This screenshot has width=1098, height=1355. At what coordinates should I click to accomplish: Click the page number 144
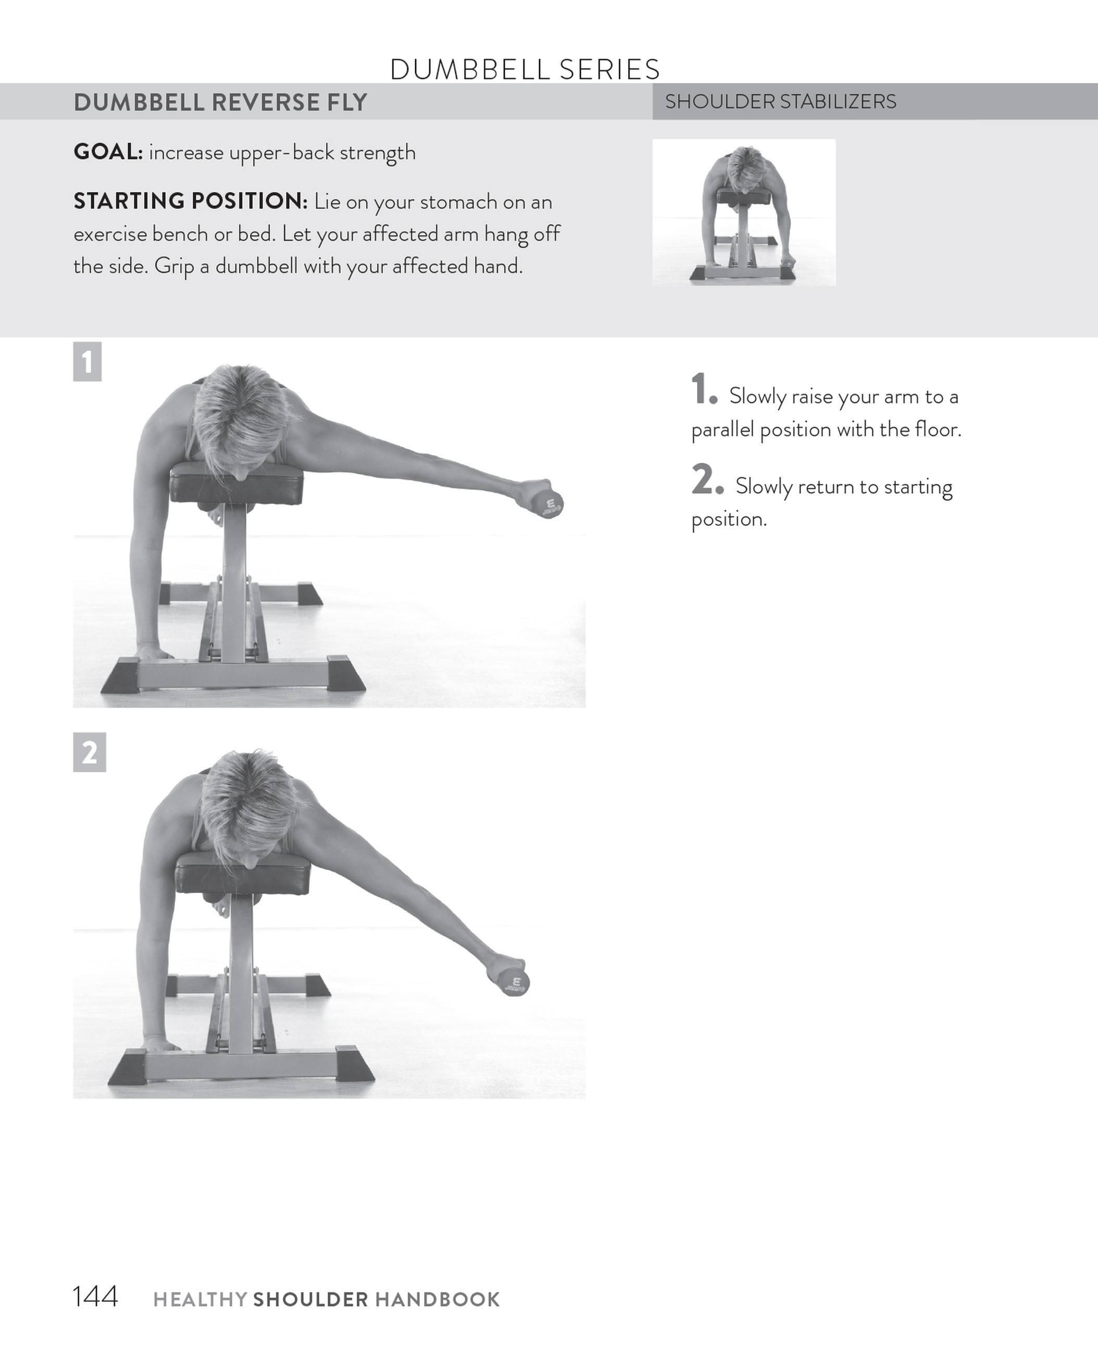pos(95,1297)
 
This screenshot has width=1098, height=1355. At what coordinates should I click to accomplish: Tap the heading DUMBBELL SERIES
pos(525,69)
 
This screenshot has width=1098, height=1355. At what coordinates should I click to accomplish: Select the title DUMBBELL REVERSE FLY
pos(220,103)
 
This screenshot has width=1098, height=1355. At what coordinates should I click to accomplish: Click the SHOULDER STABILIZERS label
pos(780,101)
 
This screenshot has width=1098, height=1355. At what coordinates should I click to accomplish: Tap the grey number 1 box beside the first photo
pos(88,362)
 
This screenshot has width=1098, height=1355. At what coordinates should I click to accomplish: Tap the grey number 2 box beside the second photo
pos(89,753)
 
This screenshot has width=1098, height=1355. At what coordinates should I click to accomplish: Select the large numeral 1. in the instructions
pos(703,390)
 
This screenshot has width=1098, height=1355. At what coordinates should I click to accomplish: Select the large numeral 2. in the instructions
pos(706,481)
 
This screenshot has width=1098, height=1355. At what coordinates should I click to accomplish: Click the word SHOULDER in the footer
pos(310,1300)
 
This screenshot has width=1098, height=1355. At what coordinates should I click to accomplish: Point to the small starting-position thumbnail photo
pos(744,212)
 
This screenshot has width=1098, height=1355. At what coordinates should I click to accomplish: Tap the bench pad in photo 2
pos(243,873)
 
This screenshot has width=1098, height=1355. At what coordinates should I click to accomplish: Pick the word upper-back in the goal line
pos(281,153)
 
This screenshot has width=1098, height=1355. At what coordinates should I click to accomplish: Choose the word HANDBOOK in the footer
pos(437,1300)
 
